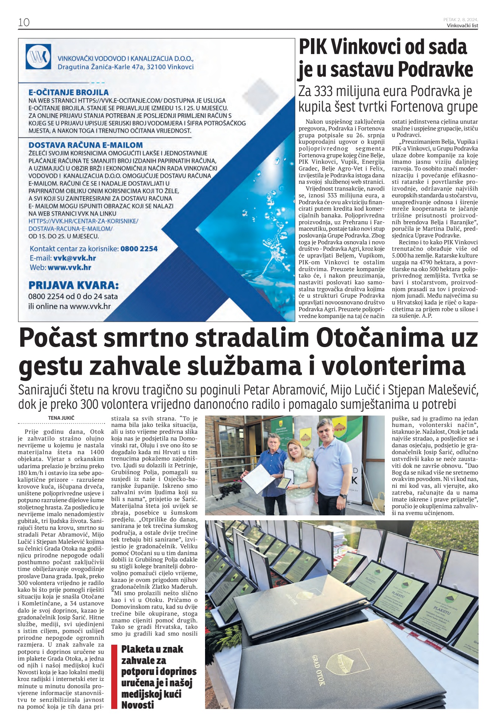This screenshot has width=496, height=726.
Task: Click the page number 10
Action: (x=24, y=22)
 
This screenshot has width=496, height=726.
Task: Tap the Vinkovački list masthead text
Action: (x=462, y=26)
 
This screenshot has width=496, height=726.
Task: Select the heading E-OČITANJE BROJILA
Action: (x=68, y=92)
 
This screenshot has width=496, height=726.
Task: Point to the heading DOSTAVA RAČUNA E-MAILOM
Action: (x=86, y=145)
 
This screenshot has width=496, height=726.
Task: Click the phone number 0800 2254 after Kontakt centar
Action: (x=139, y=249)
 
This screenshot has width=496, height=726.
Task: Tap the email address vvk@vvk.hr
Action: (x=75, y=258)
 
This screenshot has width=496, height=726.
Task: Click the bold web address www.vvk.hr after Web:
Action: (x=69, y=267)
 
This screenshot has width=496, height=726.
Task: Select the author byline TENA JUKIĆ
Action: (x=61, y=418)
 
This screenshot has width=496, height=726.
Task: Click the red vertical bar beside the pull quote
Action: (x=114, y=677)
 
